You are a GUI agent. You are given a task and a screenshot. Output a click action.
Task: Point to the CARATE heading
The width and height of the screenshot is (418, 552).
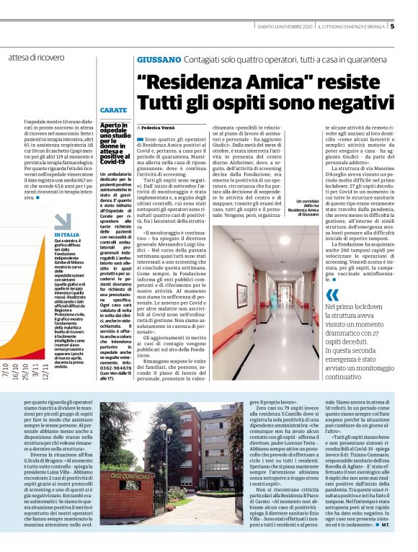(x=113, y=110)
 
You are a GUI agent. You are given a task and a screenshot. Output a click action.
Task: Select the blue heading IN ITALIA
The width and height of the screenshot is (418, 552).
(x=67, y=235)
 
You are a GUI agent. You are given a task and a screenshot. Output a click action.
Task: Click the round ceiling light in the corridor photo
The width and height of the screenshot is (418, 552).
(x=285, y=236)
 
